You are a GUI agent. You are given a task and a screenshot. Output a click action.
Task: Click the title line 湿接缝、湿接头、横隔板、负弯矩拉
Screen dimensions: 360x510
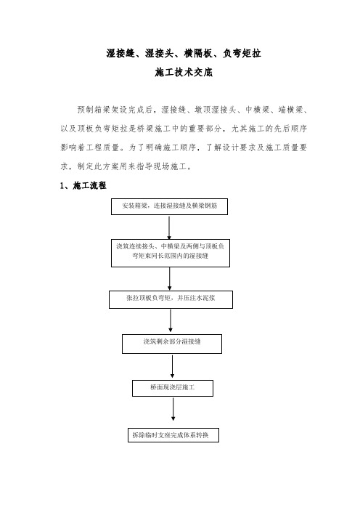(184, 53)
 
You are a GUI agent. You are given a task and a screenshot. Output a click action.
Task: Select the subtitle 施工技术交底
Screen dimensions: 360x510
(184, 72)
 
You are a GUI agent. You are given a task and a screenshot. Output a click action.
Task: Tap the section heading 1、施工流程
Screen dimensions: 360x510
(83, 185)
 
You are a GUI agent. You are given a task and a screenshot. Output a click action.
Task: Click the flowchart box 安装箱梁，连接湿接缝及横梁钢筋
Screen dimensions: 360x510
(169, 206)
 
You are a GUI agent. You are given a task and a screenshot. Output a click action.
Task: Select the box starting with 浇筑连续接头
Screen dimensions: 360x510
(171, 254)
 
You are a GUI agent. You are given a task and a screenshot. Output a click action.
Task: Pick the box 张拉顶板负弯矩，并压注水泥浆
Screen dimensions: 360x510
(171, 299)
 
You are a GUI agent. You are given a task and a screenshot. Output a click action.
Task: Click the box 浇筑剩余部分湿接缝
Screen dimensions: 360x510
(172, 344)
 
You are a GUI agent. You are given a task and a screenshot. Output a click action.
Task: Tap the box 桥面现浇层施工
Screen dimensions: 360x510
(173, 388)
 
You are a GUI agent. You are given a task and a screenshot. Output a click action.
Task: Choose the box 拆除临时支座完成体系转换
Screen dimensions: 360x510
(173, 435)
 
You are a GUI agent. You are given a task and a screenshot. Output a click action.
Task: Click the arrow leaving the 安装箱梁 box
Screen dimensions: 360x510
(169, 227)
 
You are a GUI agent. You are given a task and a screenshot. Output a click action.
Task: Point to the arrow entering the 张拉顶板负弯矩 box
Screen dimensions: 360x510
(170, 279)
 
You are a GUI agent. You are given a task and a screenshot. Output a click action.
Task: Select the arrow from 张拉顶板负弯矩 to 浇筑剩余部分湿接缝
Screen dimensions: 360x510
(171, 320)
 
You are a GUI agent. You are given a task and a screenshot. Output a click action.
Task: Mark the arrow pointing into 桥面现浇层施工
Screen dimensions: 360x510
(172, 366)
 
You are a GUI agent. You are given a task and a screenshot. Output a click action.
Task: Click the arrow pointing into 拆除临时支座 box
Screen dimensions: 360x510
(173, 410)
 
